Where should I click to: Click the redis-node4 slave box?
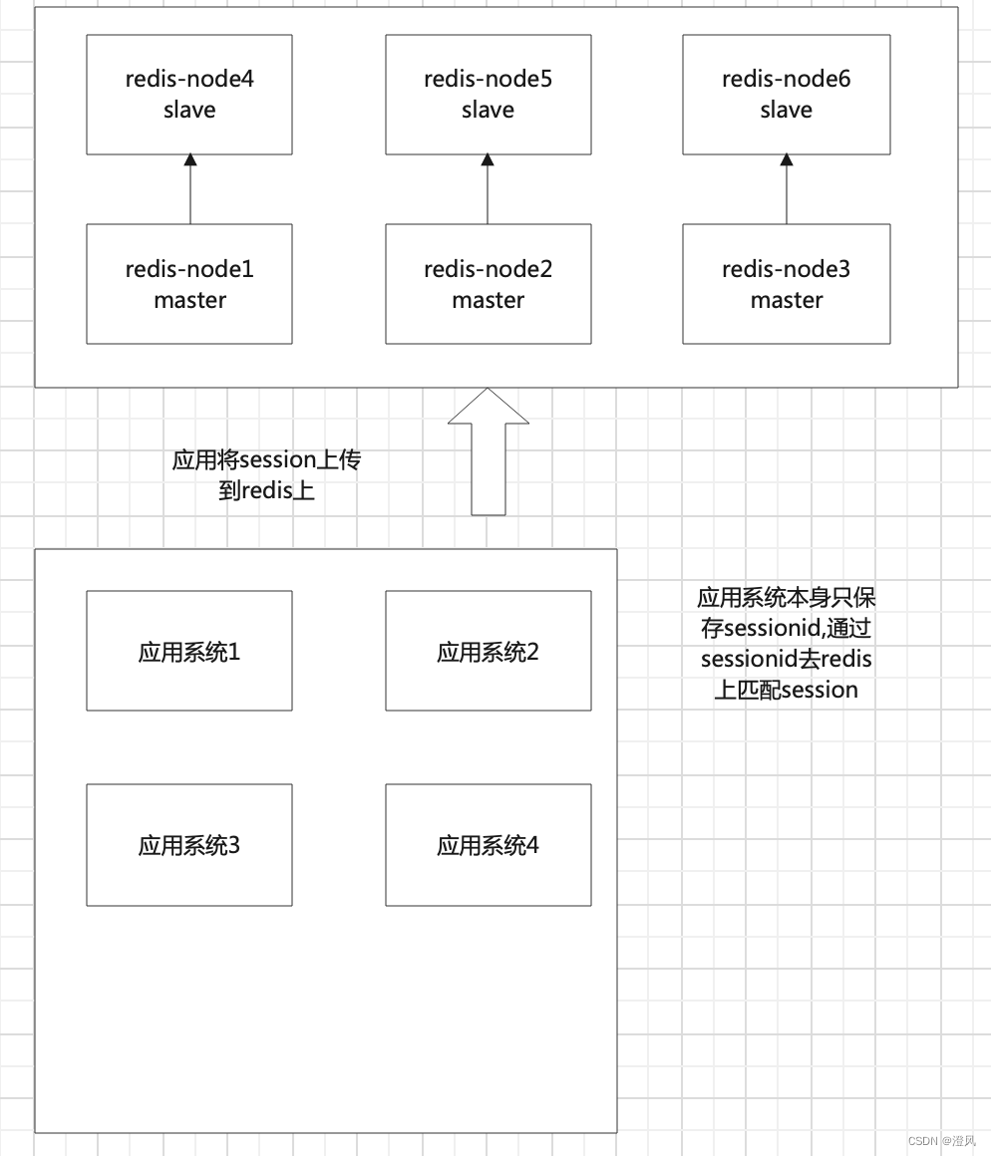pos(189,95)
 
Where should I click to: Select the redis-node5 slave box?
pos(488,95)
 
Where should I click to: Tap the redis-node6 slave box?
pos(786,95)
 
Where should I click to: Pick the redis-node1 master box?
pos(189,284)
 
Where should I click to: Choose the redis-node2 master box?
pos(488,284)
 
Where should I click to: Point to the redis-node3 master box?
pos(786,284)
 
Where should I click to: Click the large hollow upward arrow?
pos(489,453)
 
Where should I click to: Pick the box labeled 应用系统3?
pos(189,845)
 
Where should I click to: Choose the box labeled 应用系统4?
pos(488,845)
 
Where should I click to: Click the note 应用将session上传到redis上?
pos(267,474)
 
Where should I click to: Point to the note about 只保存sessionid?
pos(786,644)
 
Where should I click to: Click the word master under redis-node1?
pos(189,300)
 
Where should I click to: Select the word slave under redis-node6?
pos(786,110)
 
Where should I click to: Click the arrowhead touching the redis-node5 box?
pos(488,160)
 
